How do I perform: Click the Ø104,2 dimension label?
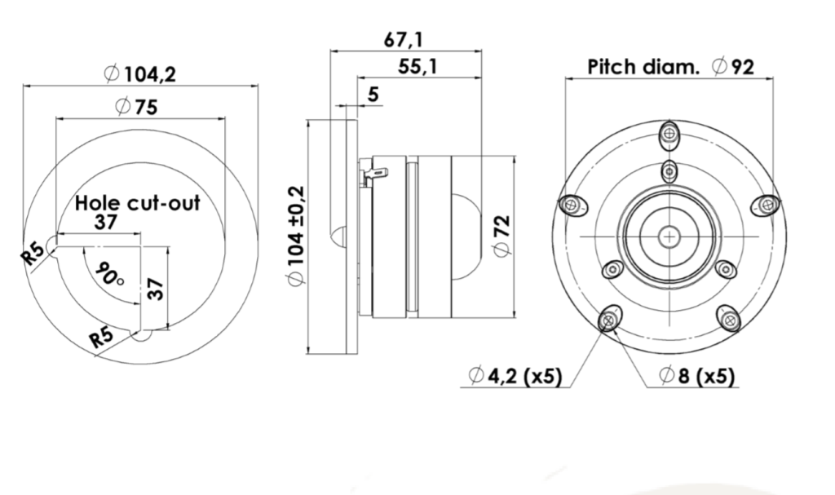click(x=140, y=74)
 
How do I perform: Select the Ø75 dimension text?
click(x=137, y=107)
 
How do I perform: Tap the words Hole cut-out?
click(x=137, y=203)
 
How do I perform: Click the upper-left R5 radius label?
click(x=33, y=253)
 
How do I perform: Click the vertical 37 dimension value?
click(x=156, y=288)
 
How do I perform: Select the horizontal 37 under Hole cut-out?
click(x=105, y=222)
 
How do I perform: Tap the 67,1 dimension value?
click(x=404, y=40)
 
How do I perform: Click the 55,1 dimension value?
click(x=417, y=67)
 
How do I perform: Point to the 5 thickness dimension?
click(x=373, y=95)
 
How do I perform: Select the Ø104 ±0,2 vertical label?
click(x=296, y=236)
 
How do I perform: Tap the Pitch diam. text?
click(x=643, y=67)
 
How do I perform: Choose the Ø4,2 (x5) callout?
click(x=515, y=376)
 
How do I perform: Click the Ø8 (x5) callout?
click(x=697, y=376)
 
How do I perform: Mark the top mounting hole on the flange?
click(x=669, y=135)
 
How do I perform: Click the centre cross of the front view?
click(x=669, y=236)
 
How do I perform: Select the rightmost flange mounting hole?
click(x=767, y=206)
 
